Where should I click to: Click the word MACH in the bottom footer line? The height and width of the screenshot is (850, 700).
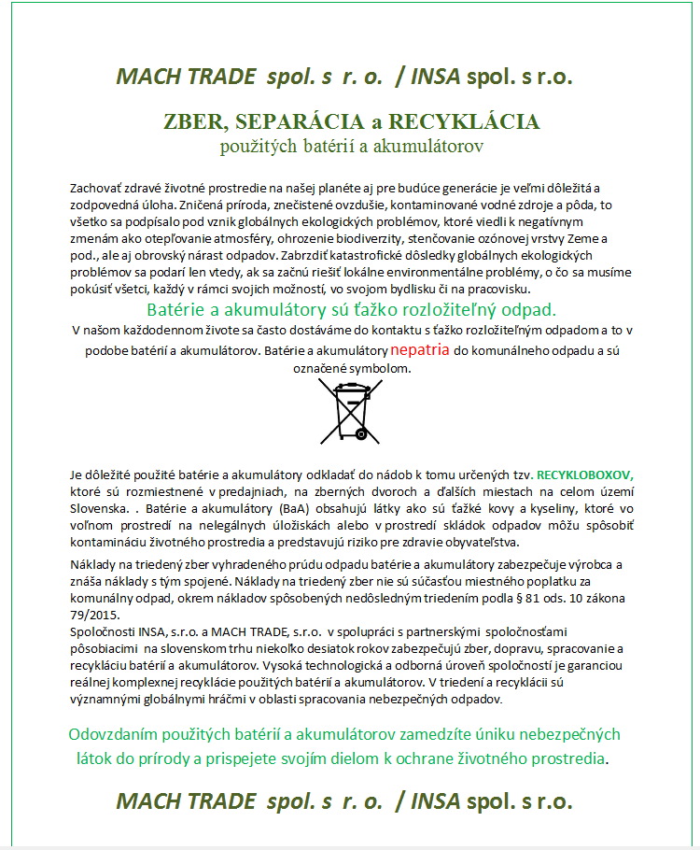[148, 800]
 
